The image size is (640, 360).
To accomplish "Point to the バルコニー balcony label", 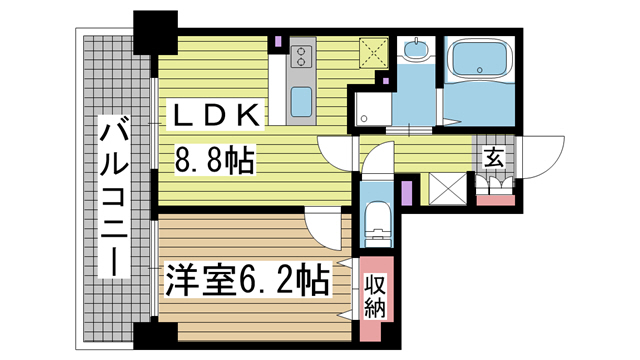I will [113, 195].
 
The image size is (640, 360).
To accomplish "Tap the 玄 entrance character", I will [494, 156].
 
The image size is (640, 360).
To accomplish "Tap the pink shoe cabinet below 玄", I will [494, 200].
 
